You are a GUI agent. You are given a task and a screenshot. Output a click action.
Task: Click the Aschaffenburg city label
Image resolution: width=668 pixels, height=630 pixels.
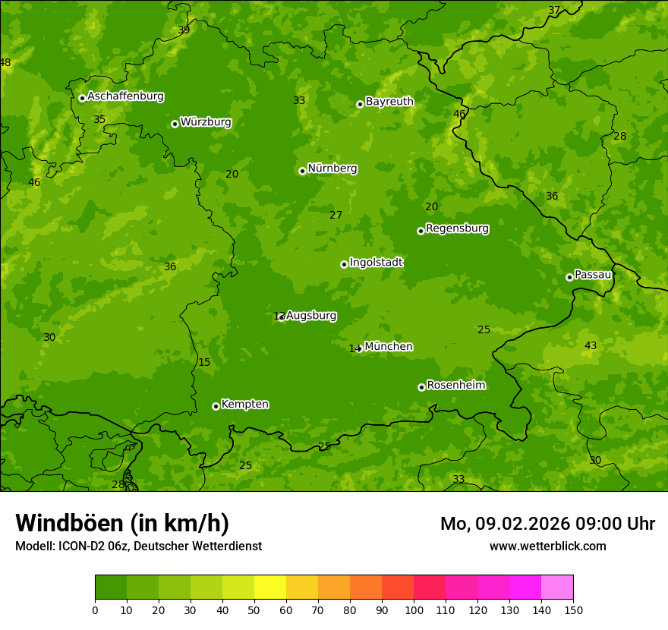[125, 96]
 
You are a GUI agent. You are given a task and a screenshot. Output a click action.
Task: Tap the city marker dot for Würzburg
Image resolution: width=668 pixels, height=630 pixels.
[175, 124]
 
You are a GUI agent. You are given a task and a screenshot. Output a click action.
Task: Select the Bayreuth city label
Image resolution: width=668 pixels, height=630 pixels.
[389, 102]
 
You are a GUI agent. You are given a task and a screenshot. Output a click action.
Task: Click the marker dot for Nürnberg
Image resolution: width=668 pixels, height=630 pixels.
[302, 171]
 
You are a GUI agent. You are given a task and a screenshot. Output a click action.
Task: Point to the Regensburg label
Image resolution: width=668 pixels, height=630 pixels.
[457, 228]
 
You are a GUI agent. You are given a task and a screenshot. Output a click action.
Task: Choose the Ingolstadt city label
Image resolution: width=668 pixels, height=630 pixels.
[376, 263]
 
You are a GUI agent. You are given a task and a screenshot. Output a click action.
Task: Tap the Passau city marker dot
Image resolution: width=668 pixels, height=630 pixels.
[569, 277]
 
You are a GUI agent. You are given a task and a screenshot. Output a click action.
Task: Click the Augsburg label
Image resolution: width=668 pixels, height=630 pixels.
[311, 316]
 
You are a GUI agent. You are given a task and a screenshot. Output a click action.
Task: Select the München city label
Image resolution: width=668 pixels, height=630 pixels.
[389, 347]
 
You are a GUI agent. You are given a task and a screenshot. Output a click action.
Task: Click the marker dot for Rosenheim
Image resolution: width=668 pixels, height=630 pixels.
[421, 387]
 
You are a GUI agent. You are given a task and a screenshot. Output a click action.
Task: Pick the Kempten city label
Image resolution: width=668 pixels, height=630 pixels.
[244, 405]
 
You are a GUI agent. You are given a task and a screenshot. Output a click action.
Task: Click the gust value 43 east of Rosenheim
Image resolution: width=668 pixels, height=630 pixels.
[591, 346]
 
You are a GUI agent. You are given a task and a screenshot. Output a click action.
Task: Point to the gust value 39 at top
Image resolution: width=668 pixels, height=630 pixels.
[184, 30]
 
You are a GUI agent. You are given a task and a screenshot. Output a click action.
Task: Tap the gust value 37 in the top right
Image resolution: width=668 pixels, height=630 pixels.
[554, 11]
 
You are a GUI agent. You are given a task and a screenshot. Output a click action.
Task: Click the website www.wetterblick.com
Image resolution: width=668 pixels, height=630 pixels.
[547, 547]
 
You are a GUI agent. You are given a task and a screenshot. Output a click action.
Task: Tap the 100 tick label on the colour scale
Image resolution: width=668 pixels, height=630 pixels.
[414, 610]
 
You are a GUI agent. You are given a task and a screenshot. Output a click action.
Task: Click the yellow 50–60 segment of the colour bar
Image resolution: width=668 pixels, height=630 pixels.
[270, 587]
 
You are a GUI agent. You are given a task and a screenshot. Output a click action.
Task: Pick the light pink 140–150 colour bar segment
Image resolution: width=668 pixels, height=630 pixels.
[557, 587]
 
